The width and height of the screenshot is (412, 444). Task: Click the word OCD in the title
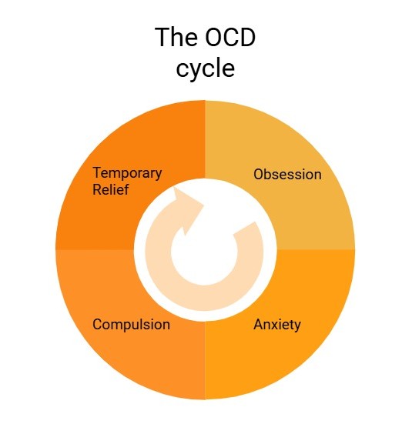(x=230, y=38)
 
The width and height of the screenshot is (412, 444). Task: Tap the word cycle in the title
(x=206, y=68)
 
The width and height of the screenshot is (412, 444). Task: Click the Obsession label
(x=287, y=174)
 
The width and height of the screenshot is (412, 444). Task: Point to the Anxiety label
(x=277, y=325)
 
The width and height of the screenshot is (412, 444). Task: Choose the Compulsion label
(x=131, y=325)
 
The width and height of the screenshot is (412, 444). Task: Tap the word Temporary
(x=127, y=173)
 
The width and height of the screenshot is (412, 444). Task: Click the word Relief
(x=111, y=189)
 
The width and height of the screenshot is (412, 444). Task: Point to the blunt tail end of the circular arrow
(x=246, y=229)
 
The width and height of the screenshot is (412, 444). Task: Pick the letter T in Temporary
(x=97, y=172)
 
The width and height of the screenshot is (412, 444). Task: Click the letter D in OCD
(x=247, y=38)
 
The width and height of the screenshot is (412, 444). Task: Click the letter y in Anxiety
(x=297, y=327)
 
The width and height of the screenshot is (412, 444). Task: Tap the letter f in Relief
(x=126, y=189)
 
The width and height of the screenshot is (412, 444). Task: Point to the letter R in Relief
(x=97, y=189)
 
